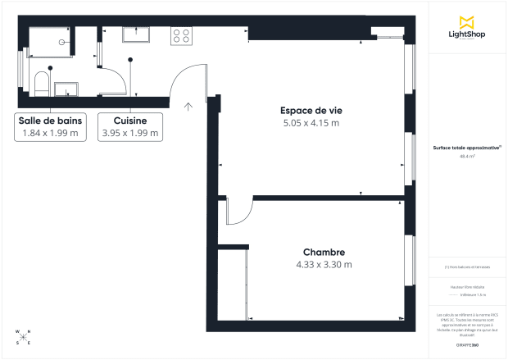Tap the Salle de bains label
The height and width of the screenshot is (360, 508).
pyautogui.click(x=50, y=120)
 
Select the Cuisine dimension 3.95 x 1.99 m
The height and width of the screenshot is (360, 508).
pyautogui.click(x=130, y=133)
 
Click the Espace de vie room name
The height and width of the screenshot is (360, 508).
pyautogui.click(x=307, y=110)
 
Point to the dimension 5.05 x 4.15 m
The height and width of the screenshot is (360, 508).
pyautogui.click(x=307, y=123)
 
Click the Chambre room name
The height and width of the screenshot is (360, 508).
pyautogui.click(x=324, y=252)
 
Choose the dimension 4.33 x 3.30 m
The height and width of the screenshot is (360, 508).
pyautogui.click(x=324, y=265)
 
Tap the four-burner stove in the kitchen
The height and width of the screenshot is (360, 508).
pyautogui.click(x=180, y=36)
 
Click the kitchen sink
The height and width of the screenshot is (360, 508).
pyautogui.click(x=136, y=34)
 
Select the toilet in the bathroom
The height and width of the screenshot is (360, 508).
pyautogui.click(x=41, y=83)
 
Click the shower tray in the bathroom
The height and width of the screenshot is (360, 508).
pyautogui.click(x=51, y=41)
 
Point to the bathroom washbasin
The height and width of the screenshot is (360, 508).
pyautogui.click(x=65, y=88)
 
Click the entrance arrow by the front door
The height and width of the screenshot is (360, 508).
pyautogui.click(x=188, y=105)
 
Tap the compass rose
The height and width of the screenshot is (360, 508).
pyautogui.click(x=23, y=337)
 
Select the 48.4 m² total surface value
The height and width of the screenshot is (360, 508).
pyautogui.click(x=468, y=156)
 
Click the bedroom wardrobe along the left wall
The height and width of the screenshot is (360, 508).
pyautogui.click(x=233, y=283)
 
